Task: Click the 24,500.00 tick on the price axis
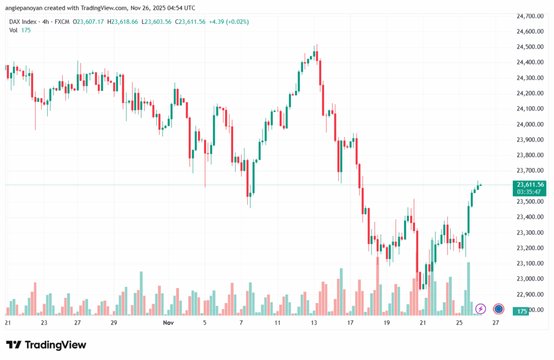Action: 530,47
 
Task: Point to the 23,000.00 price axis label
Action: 530,279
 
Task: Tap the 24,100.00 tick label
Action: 530,109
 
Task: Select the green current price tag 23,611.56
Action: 530,184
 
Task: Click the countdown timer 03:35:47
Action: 530,192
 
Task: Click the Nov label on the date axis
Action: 168,322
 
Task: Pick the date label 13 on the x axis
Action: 314,322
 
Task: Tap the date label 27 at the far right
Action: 496,322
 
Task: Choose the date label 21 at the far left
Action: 8,322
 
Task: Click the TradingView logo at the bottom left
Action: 46,345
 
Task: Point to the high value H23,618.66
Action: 123,22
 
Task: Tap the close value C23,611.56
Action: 188,22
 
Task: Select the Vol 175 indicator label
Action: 20,30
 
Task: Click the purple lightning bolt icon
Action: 480,309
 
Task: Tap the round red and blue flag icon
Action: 499,309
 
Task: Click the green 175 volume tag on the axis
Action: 522,311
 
